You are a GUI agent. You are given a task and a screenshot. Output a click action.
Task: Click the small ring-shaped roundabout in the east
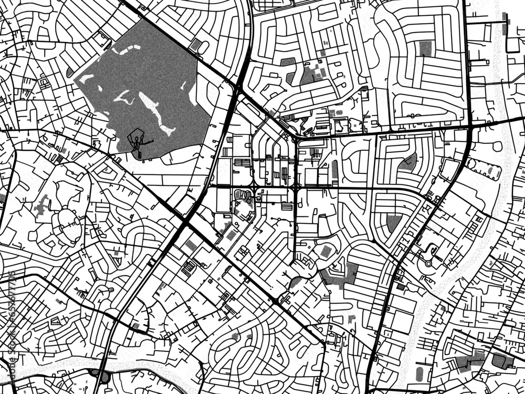429,263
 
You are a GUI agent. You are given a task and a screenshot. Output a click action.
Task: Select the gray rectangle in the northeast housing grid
425,48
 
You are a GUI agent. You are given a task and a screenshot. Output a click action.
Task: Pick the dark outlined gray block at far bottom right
501,361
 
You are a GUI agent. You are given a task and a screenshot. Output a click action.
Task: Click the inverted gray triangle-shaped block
393,223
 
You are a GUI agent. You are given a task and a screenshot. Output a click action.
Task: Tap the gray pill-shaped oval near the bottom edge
419,374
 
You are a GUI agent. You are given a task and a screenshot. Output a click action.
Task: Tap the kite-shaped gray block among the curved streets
409,162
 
